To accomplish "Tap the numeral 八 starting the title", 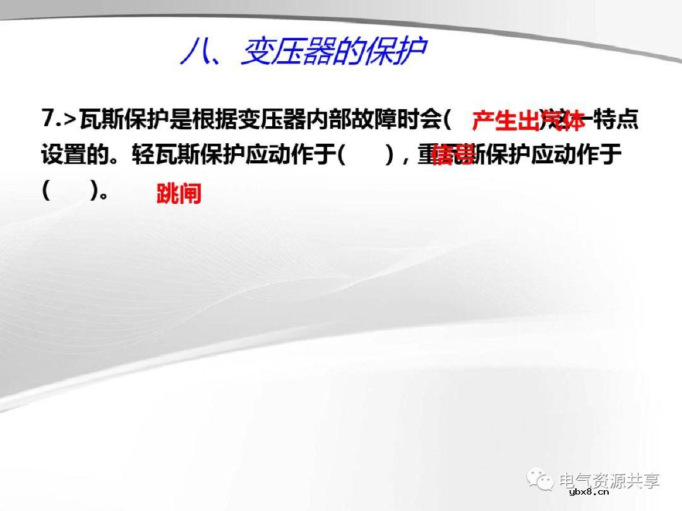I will point(194,52).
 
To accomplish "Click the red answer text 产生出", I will point(506,120).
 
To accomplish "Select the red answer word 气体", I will point(564,120).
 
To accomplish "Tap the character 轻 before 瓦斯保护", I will point(143,155).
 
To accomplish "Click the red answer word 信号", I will point(453,155).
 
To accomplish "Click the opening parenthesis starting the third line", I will point(46,190).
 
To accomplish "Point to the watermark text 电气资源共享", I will point(609,481).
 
